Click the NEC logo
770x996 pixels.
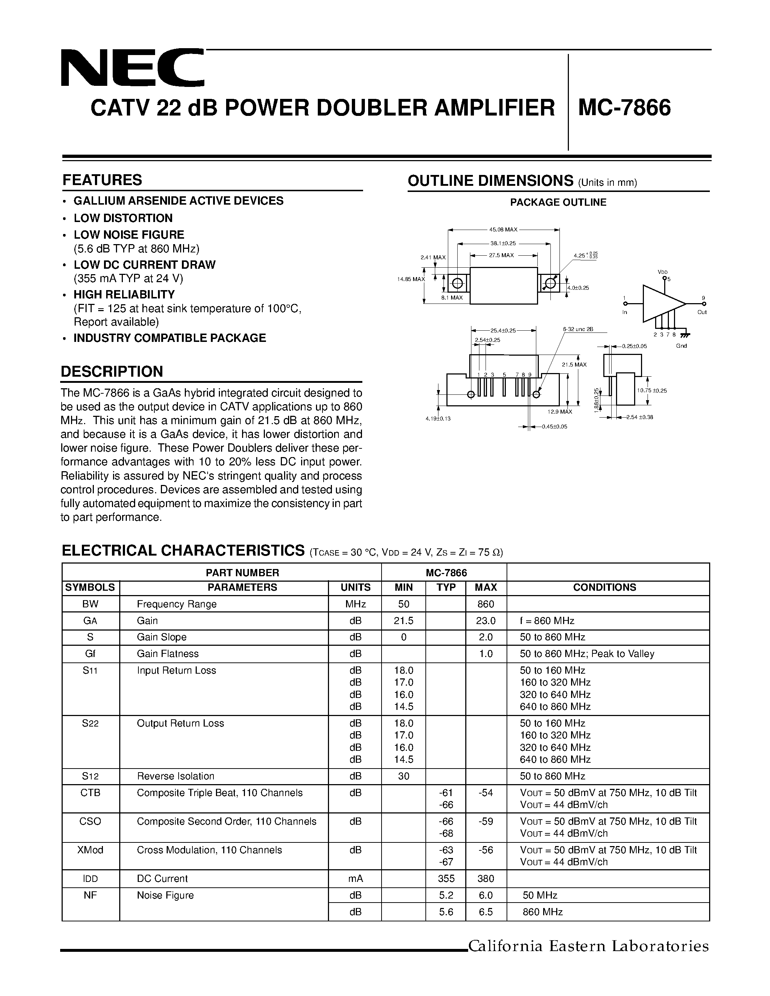(x=132, y=68)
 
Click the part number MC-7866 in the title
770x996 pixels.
(x=624, y=108)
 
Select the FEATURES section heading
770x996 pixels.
(x=102, y=180)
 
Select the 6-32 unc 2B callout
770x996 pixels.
(x=578, y=329)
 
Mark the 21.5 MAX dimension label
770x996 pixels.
(x=574, y=365)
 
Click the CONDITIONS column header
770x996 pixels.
(x=604, y=587)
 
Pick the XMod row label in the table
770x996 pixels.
(x=90, y=850)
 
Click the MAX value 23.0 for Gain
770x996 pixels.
(x=486, y=621)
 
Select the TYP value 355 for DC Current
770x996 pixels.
(x=446, y=879)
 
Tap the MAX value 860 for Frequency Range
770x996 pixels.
(x=486, y=604)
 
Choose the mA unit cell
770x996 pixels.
(x=355, y=879)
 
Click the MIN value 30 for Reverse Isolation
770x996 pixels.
(x=404, y=776)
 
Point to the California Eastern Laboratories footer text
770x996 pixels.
(x=588, y=946)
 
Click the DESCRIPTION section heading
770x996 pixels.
(x=112, y=372)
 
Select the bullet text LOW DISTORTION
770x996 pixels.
(x=123, y=218)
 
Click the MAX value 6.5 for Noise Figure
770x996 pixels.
(x=486, y=912)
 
